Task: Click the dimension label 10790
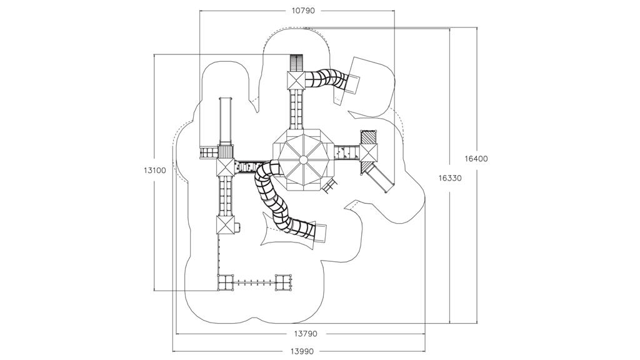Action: (x=303, y=11)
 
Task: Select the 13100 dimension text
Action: (x=154, y=170)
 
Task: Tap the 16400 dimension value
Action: (x=476, y=159)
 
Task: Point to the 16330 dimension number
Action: (x=450, y=178)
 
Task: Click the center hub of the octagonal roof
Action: (x=303, y=159)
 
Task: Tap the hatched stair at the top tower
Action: (x=296, y=63)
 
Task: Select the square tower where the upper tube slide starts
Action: (x=296, y=81)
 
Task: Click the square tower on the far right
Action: (x=369, y=152)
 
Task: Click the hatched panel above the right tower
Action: (x=369, y=137)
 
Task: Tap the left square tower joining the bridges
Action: (x=225, y=167)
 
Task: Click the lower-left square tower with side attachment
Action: (x=225, y=225)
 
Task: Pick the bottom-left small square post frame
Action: (x=225, y=282)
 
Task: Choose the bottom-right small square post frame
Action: (x=284, y=282)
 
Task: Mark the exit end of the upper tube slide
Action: (x=351, y=82)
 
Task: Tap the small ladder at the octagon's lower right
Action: (x=331, y=185)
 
